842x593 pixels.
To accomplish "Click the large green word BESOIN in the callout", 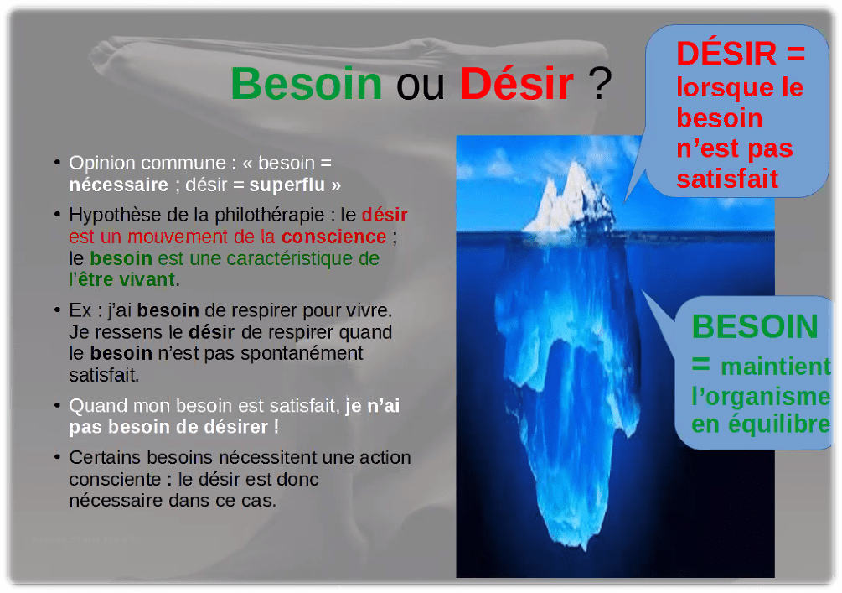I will pos(754,326).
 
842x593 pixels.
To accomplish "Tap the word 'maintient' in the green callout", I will pos(776,367).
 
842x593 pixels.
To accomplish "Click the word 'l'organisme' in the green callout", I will pos(761,396).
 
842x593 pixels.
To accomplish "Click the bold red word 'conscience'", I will pos(333,236).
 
